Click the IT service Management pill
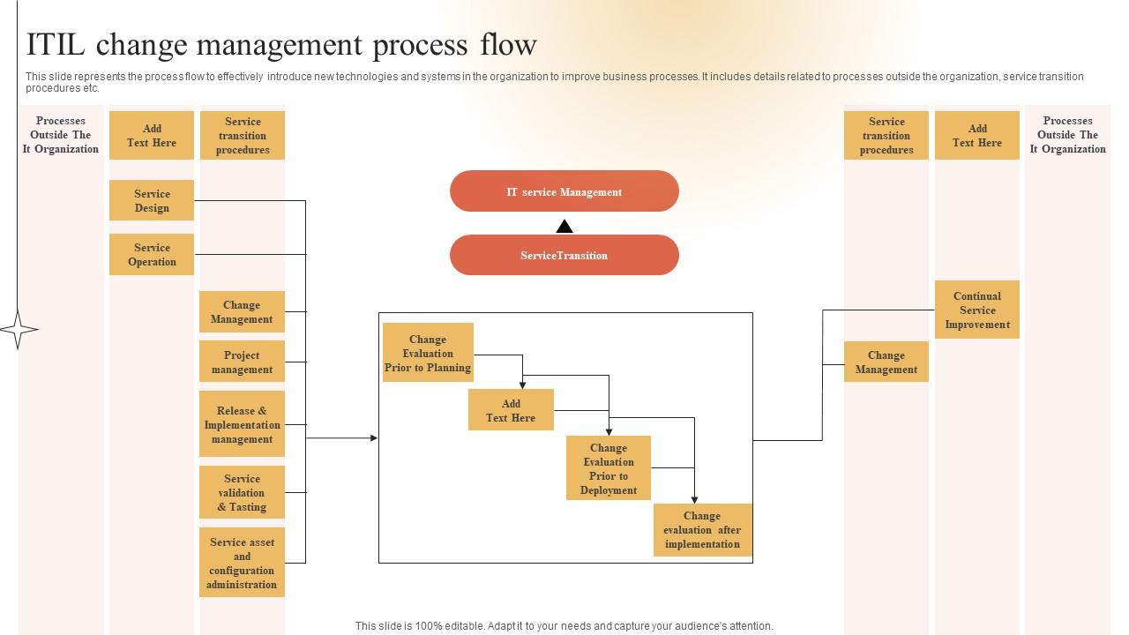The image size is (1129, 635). [564, 191]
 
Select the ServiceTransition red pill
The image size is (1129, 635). [564, 255]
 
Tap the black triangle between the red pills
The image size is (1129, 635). [564, 227]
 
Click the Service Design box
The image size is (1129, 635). [152, 200]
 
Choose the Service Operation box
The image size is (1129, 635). [152, 254]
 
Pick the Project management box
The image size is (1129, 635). [242, 362]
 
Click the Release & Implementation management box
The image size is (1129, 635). [242, 424]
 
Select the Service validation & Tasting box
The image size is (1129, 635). [242, 492]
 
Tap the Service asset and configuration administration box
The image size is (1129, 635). [242, 563]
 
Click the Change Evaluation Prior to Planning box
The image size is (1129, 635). [428, 352]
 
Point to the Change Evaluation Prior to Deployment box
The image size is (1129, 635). [609, 467]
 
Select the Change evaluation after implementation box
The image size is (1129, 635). [703, 530]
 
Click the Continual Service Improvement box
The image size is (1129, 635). [976, 310]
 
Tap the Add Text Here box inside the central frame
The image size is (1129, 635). [511, 410]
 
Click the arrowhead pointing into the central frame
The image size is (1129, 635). [374, 438]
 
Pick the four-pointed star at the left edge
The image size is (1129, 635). [19, 330]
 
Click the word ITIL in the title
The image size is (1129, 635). [55, 44]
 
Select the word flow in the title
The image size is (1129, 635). [508, 44]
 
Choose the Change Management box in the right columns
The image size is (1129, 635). [886, 362]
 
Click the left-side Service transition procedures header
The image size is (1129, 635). [243, 135]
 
